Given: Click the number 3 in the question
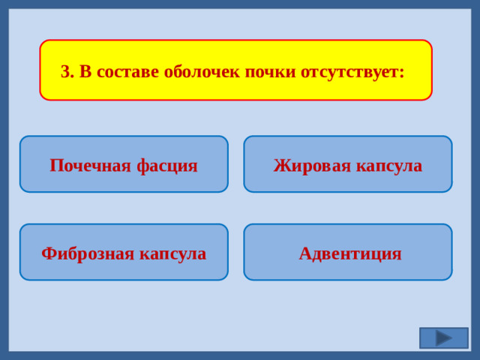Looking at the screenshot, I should [x=64, y=72].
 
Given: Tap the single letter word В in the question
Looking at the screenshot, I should [x=85, y=72].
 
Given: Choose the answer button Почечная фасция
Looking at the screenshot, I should [x=124, y=164].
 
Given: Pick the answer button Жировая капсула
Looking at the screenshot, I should [x=348, y=164].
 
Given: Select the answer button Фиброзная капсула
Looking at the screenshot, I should [x=124, y=253].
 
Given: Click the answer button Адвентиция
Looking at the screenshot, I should [x=348, y=253].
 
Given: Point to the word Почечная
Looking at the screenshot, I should [x=90, y=165].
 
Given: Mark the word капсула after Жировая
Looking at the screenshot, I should [x=387, y=165].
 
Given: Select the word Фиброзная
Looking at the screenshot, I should [x=87, y=253].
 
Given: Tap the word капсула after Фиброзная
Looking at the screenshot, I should [x=172, y=253].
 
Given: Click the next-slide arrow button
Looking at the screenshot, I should [x=444, y=338].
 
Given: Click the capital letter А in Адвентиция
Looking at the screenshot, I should [x=304, y=253].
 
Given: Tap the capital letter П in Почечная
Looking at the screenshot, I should [x=55, y=165].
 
